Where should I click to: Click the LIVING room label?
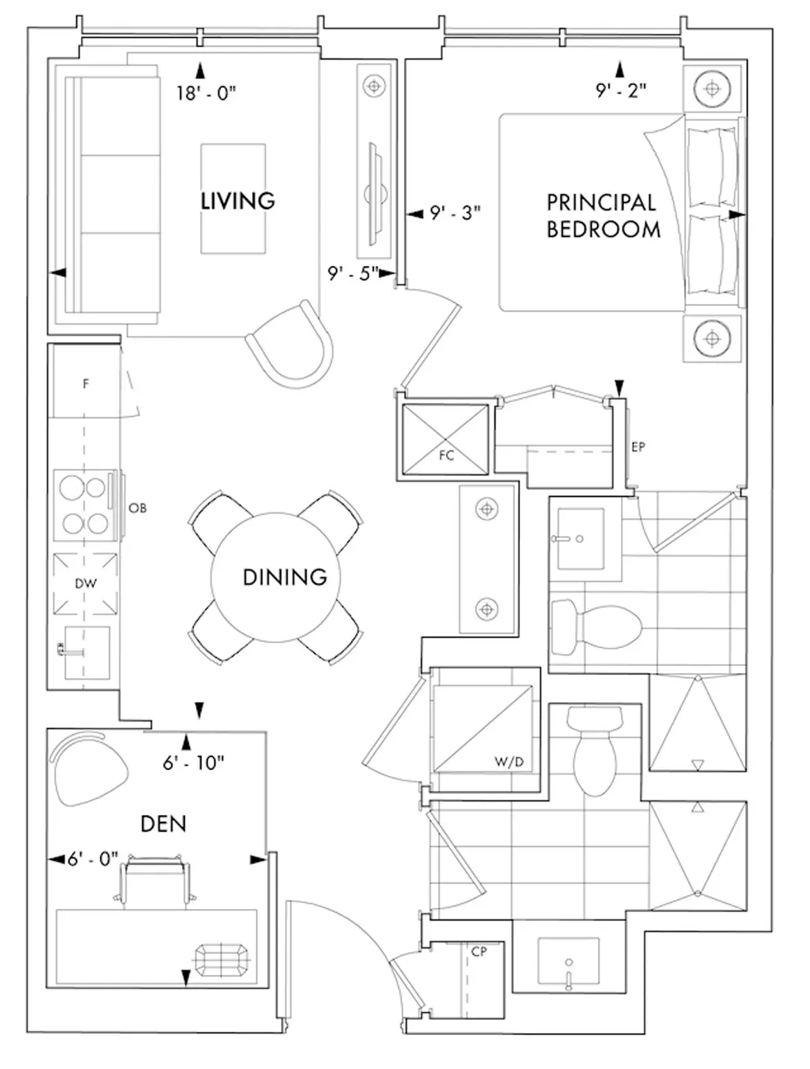[238, 201]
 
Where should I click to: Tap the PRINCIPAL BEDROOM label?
[604, 216]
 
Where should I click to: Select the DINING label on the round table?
[285, 577]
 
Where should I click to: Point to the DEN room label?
[163, 824]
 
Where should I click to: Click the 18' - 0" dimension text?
[206, 93]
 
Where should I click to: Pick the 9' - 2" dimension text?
[621, 91]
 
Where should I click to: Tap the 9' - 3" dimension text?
[455, 213]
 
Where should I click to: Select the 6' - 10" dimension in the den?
[193, 763]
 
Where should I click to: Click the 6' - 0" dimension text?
[93, 860]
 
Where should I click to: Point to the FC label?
[447, 456]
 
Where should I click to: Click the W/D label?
[509, 762]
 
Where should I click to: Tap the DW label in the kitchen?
[86, 584]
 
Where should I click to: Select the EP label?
[638, 447]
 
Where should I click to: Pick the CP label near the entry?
[479, 951]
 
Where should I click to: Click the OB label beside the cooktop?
[137, 508]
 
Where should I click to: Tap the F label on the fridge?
[86, 384]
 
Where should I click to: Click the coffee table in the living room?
[233, 199]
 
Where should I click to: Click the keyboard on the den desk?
[222, 960]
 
